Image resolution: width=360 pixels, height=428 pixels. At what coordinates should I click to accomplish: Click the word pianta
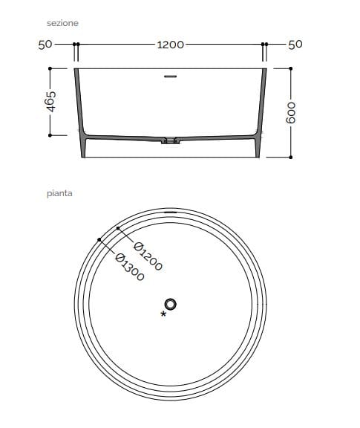coord(59,194)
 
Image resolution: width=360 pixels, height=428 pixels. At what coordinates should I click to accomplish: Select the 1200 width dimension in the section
coord(170,45)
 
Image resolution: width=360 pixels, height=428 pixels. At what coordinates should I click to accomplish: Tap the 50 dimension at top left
coord(45,45)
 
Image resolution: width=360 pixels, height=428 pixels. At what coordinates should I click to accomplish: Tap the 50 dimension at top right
coord(295,45)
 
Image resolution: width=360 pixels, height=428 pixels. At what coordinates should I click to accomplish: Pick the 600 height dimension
coord(291,112)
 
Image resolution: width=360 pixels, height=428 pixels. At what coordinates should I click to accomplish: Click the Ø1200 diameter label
coord(148,255)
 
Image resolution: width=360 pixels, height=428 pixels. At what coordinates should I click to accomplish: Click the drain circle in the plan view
coord(171,303)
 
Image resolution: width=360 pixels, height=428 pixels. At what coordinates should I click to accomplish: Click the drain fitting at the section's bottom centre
coord(171,140)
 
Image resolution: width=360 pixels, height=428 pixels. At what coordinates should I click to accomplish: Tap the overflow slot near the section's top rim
coord(171,76)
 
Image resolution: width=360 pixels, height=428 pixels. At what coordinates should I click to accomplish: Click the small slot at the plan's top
coord(171,211)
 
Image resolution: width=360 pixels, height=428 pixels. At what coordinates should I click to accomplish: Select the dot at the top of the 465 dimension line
coord(50,69)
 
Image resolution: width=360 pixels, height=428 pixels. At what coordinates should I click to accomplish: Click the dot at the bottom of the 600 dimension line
coord(291,158)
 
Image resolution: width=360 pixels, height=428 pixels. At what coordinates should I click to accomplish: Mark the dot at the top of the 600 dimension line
coord(291,69)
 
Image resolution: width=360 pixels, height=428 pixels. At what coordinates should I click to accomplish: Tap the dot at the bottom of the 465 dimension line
coord(50,135)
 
